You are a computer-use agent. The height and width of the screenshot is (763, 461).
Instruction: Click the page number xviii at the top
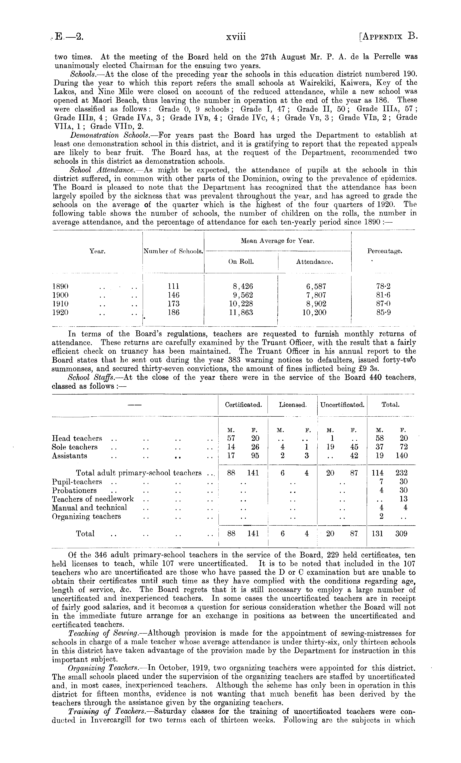(x=236, y=37)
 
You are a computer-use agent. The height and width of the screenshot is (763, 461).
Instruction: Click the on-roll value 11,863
(x=241, y=312)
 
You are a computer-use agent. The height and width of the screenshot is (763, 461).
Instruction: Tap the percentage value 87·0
(x=384, y=304)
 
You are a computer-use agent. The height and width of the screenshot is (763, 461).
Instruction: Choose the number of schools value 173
(x=173, y=304)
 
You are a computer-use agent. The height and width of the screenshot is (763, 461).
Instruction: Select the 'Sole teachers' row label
(x=75, y=447)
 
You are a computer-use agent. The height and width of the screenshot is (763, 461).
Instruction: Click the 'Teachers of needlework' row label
(x=93, y=499)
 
